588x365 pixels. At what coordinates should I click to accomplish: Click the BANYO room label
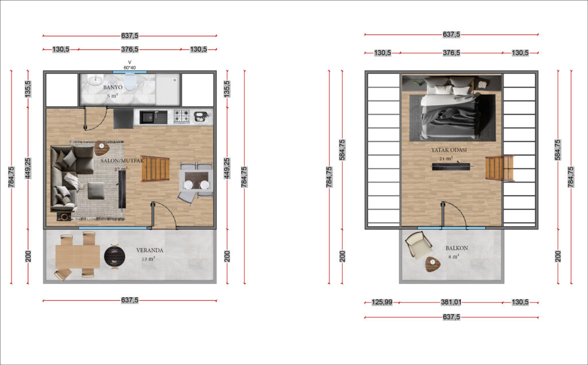pos(113,87)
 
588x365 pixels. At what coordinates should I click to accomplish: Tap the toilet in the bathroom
pos(130,82)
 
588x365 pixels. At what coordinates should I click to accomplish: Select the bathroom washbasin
pos(95,80)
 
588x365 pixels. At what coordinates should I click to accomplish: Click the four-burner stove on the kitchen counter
pos(181,117)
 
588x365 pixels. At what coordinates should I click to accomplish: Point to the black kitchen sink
pos(153,117)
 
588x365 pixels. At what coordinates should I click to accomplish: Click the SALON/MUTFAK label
pos(122,161)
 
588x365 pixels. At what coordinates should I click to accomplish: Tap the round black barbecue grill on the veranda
pos(114,256)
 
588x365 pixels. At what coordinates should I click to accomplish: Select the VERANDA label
pos(150,250)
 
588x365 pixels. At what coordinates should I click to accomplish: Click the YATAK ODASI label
pos(449,150)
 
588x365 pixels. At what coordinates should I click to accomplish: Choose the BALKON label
pos(457,248)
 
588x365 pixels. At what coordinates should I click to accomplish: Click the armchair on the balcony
pos(418,244)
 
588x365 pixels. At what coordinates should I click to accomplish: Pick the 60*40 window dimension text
pos(130,68)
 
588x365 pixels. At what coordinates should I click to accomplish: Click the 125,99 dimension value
pos(382,302)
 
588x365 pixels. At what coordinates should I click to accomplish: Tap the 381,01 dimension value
pos(451,302)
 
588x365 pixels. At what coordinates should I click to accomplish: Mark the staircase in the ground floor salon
pos(155,169)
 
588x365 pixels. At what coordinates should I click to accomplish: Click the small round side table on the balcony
pos(433,264)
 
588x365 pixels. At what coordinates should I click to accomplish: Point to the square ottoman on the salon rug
pos(96,191)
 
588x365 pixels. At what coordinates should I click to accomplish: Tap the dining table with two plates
pos(196,181)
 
